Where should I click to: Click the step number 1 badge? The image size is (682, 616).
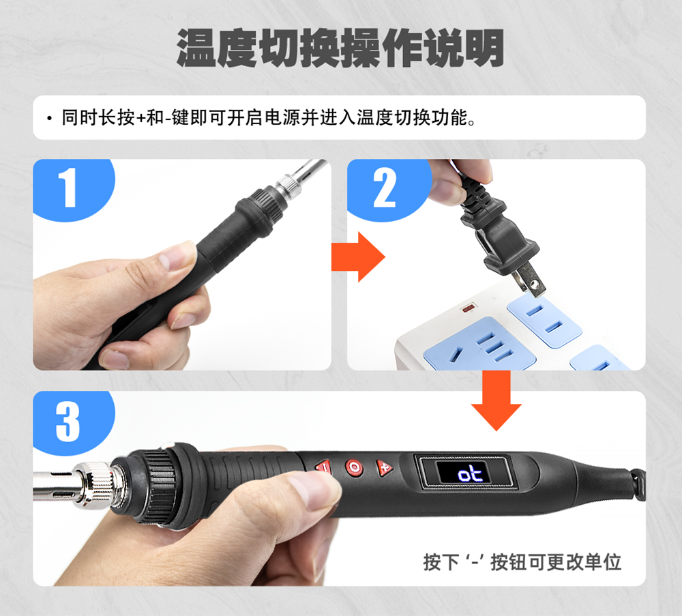(72, 188)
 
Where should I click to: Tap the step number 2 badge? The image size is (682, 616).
(387, 188)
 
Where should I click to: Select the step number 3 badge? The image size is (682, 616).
(72, 421)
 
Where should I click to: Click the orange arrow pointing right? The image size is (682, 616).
(358, 256)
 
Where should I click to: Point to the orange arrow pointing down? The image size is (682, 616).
(496, 400)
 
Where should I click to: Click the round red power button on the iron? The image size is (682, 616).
(353, 468)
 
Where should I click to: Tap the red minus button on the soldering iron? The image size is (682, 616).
(323, 468)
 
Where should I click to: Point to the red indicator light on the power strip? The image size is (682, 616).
(468, 308)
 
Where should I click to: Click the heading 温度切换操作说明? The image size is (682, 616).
(340, 48)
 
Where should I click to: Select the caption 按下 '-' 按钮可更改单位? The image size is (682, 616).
(522, 561)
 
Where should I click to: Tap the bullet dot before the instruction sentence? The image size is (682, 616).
(49, 118)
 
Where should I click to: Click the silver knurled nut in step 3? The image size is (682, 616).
(94, 484)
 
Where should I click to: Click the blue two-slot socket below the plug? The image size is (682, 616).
(544, 320)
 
